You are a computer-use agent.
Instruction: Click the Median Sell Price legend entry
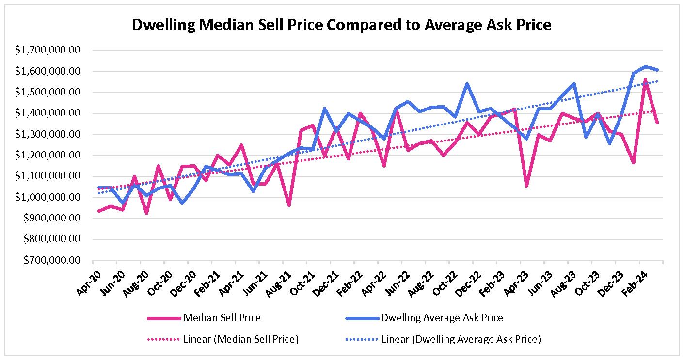[222, 318]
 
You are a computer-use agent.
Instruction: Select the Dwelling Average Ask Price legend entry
[442, 318]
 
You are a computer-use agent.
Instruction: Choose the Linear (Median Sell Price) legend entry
[241, 339]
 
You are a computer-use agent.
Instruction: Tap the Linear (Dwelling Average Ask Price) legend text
[461, 339]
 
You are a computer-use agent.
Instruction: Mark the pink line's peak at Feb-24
[645, 79]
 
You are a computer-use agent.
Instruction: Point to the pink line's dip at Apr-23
[526, 186]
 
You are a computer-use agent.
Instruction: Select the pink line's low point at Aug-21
[288, 205]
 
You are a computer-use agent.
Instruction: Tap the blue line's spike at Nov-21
[324, 109]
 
